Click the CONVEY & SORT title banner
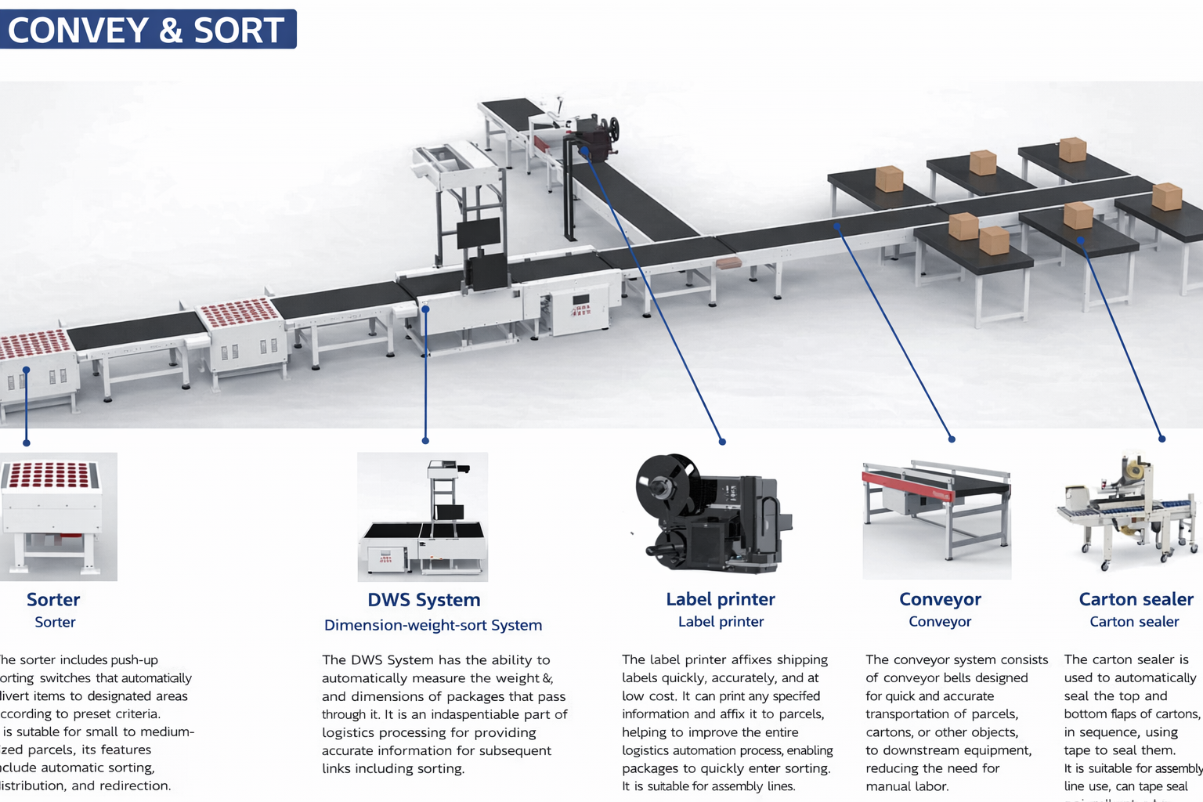(x=147, y=30)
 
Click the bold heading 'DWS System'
(x=424, y=600)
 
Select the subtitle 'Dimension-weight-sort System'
(x=433, y=625)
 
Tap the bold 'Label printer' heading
(x=721, y=599)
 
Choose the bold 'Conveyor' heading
(x=940, y=599)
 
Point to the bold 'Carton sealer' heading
(x=1136, y=599)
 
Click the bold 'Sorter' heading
(x=53, y=600)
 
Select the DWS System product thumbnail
(x=423, y=517)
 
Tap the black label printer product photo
(x=713, y=513)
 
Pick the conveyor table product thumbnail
(x=937, y=517)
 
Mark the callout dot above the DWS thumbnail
(x=425, y=441)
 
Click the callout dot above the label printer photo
(x=722, y=442)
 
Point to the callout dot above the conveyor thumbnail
(x=952, y=439)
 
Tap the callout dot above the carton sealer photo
(x=1161, y=439)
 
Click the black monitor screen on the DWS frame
(x=479, y=233)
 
